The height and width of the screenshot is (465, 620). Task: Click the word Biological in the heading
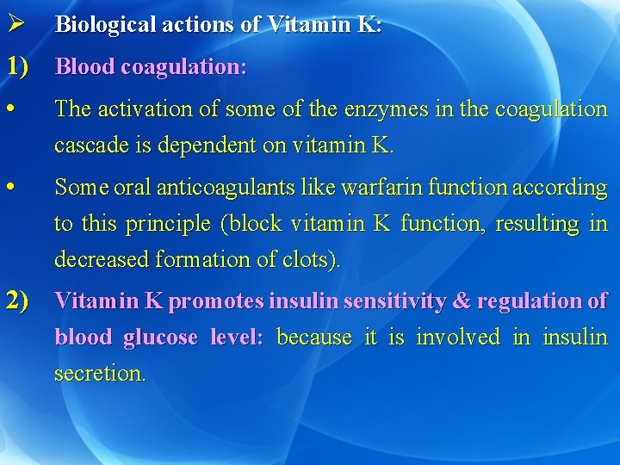(96, 25)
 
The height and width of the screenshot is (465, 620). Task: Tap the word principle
(169, 223)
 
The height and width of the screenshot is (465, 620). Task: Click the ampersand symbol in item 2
(462, 301)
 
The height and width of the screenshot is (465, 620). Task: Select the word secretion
(98, 374)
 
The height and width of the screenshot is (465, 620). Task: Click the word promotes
(217, 301)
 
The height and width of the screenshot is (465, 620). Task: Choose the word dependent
(214, 146)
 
